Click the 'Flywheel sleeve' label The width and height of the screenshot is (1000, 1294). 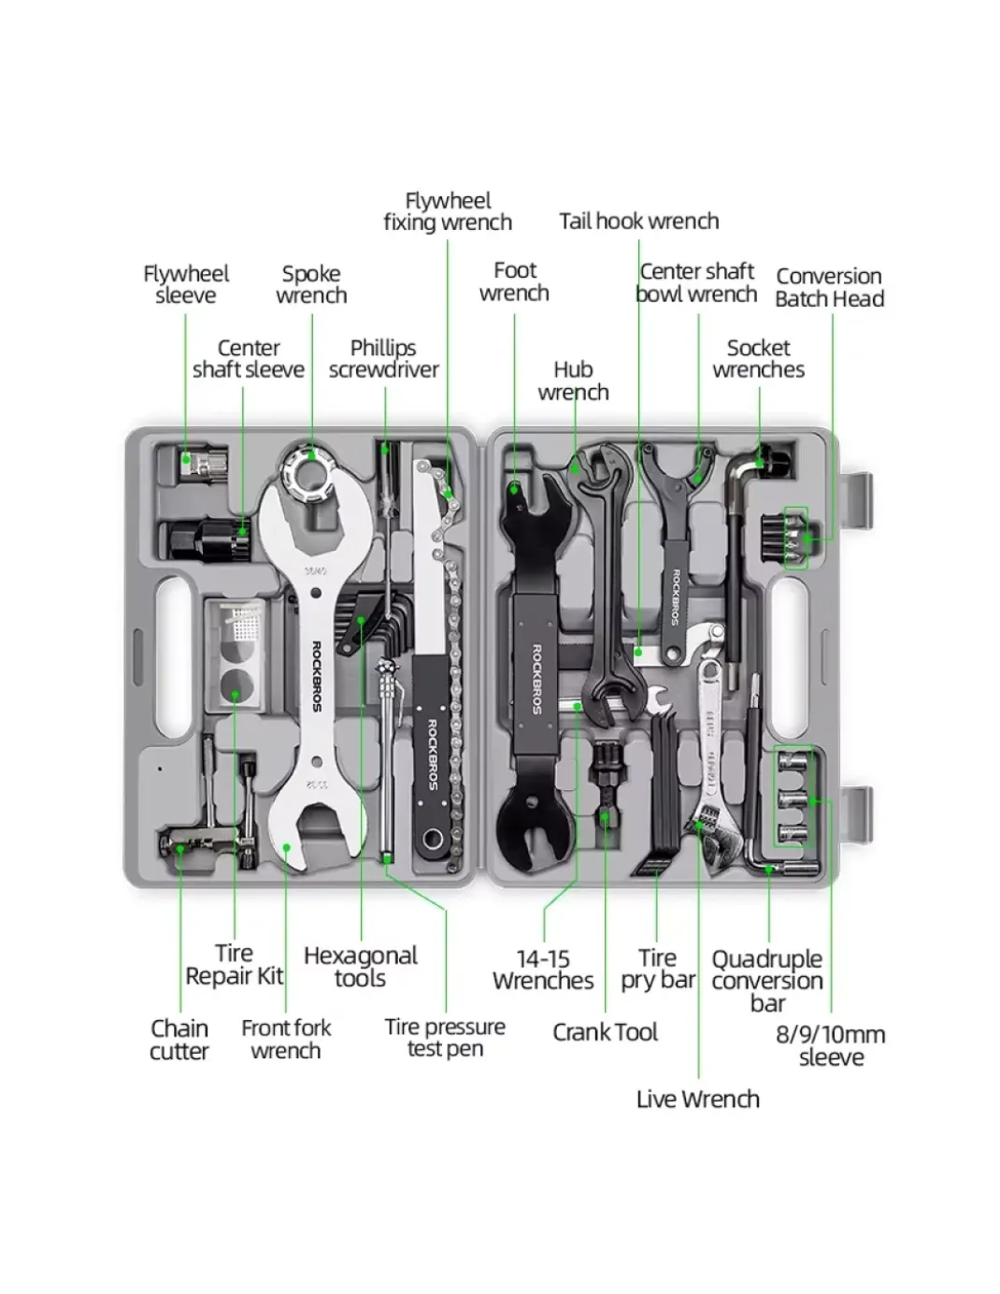point(186,284)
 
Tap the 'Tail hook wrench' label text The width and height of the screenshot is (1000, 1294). point(638,222)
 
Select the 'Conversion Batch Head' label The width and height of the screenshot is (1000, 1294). point(829,287)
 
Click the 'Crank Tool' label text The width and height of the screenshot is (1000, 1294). point(605,1032)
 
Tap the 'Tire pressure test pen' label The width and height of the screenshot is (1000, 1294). point(445,1038)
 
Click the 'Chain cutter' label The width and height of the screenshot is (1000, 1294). point(179,1040)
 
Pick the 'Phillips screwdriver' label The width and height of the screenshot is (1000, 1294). point(384,358)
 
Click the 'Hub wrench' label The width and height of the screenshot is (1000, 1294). point(573,381)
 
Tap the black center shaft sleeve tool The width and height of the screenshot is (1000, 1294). point(207,539)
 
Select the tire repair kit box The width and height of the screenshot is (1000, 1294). point(236,654)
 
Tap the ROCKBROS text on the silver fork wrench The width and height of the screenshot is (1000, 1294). point(317,677)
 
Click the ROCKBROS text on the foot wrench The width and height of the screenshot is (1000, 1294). point(536,679)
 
